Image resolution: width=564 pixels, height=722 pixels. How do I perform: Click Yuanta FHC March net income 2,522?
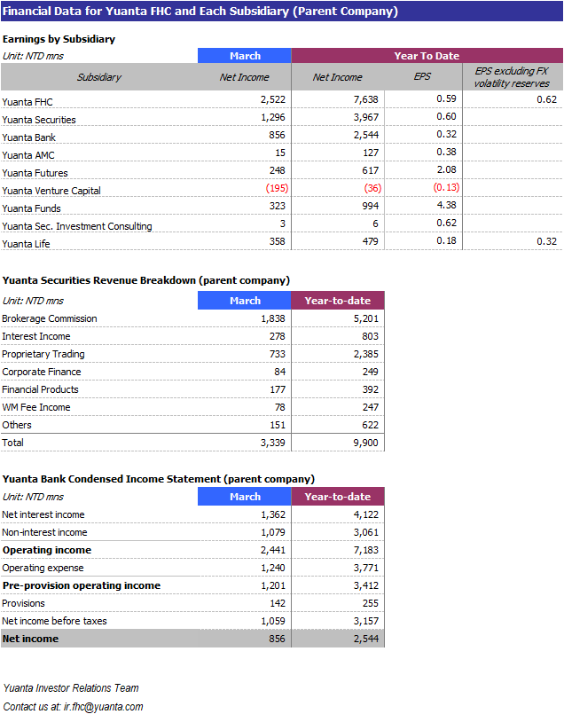[272, 99]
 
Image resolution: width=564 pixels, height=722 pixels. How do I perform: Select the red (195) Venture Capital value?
[277, 188]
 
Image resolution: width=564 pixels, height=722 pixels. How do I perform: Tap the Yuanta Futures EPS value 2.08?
[446, 170]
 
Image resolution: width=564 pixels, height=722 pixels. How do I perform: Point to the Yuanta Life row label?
[26, 244]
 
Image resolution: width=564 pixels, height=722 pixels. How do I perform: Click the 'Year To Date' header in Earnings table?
[427, 56]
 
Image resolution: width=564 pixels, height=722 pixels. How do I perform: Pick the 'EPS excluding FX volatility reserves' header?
[512, 77]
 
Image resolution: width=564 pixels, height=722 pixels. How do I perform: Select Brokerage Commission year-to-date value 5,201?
[366, 318]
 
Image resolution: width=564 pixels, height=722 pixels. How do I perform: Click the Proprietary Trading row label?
[43, 354]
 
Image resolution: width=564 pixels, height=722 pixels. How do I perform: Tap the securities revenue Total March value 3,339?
[272, 443]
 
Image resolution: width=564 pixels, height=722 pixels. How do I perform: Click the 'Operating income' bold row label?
[47, 550]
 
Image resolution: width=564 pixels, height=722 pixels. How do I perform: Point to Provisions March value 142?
[278, 604]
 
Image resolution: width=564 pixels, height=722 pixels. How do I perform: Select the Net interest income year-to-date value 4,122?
[366, 514]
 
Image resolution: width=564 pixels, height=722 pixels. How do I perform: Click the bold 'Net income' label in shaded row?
[30, 640]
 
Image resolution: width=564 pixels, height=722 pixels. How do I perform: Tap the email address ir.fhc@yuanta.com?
[103, 707]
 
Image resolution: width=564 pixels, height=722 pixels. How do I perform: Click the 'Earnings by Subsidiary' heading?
[59, 39]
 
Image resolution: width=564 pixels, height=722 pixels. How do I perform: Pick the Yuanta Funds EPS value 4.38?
[446, 206]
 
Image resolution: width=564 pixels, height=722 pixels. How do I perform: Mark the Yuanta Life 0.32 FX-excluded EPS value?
[546, 241]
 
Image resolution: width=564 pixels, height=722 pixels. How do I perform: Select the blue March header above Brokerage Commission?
[245, 301]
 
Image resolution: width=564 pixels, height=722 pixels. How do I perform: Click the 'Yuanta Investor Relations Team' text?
[71, 688]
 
